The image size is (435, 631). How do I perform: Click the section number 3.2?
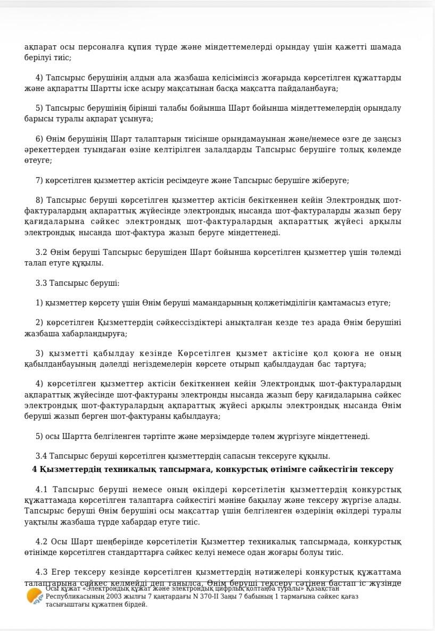tap(42, 252)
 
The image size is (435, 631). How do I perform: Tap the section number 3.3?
tap(42, 283)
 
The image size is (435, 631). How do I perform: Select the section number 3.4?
tap(42, 456)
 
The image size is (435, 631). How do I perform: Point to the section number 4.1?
tap(42, 489)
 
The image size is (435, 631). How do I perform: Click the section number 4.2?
tap(42, 542)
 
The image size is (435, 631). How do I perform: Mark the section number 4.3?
tap(42, 572)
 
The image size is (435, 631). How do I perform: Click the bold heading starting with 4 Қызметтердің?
tap(212, 469)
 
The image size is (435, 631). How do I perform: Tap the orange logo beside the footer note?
tap(35, 596)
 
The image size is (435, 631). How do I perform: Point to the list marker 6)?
tap(39, 139)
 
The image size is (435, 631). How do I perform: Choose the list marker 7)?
tap(39, 181)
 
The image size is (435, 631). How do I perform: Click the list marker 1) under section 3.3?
tap(39, 303)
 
